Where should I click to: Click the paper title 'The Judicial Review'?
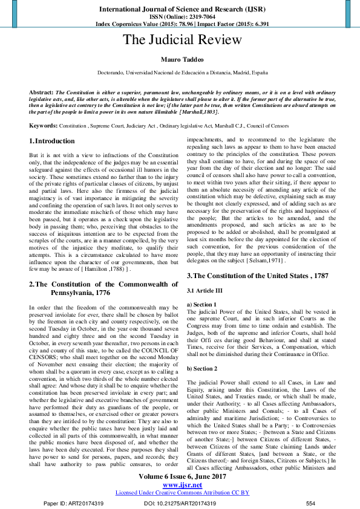click(x=182, y=40)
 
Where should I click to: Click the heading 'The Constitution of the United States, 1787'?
click(x=258, y=276)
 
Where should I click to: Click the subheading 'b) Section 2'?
click(x=203, y=351)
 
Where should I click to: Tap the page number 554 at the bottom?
click(x=310, y=503)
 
